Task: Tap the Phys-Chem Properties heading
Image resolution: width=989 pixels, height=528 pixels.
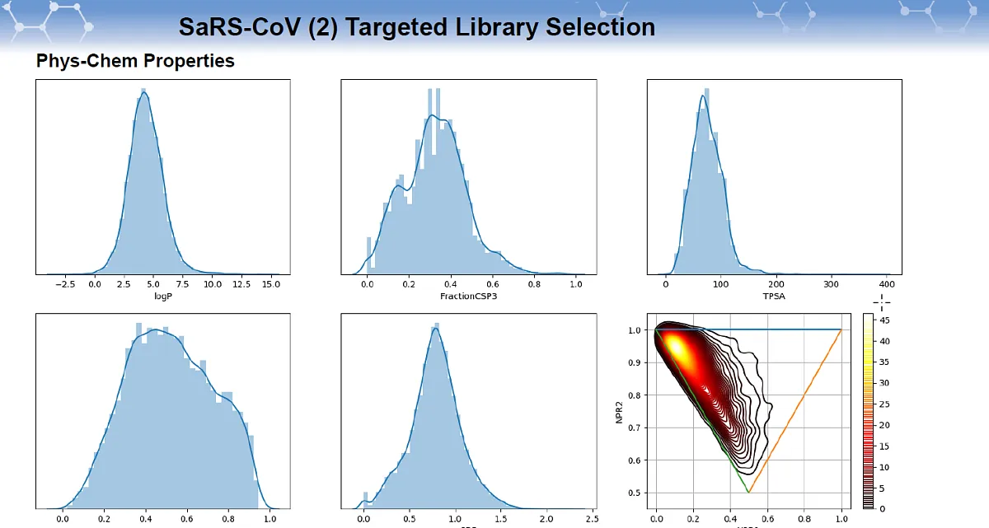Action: [135, 61]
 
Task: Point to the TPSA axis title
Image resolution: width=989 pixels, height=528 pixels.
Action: [775, 294]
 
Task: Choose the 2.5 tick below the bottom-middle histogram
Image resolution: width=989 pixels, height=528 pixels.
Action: [590, 521]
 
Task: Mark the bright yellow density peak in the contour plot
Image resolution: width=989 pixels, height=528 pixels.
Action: [674, 347]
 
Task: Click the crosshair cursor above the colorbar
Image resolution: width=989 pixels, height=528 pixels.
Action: [883, 302]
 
